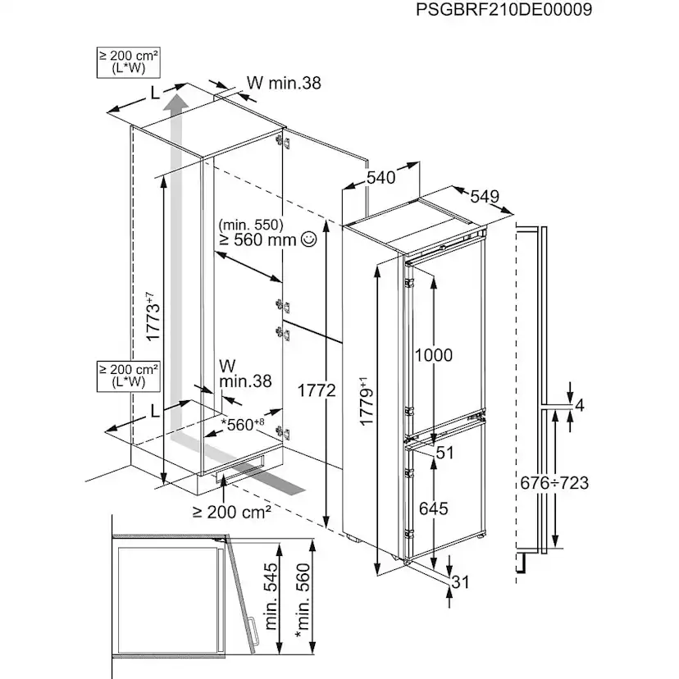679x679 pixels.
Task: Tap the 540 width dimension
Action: pos(381,177)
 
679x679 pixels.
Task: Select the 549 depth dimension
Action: pos(485,197)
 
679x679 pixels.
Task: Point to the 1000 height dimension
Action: pos(433,355)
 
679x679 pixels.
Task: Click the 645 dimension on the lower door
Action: pos(433,508)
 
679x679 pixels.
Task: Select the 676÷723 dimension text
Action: pos(554,483)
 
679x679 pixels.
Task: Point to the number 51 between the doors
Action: pos(445,453)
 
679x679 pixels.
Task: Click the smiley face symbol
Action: pos(308,239)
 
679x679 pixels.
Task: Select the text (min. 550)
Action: pos(250,224)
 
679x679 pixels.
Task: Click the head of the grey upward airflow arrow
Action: pos(173,103)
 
